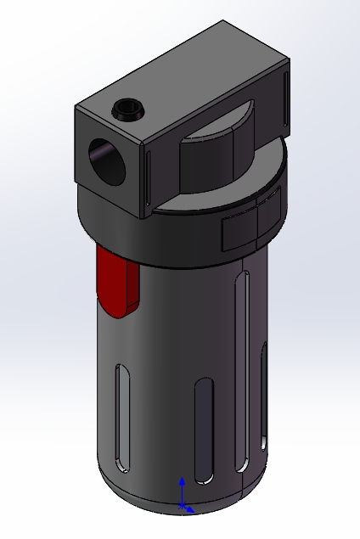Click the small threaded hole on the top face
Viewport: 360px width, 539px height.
coord(128,109)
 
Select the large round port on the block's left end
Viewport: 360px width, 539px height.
coord(106,160)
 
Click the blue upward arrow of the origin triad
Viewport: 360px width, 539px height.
coord(181,490)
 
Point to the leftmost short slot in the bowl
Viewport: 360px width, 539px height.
coord(123,416)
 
